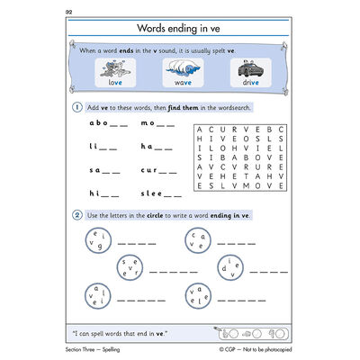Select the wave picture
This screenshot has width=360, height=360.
click(x=183, y=69)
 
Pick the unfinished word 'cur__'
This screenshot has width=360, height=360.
click(x=154, y=170)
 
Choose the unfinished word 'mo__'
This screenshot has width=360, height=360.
click(x=154, y=125)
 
